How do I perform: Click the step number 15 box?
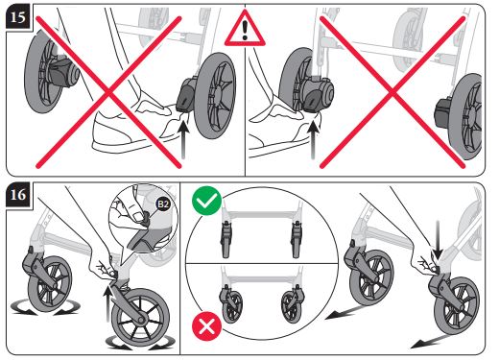17,17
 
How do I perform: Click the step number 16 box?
17,195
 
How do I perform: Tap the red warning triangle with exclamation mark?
245,29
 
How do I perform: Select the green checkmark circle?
207,201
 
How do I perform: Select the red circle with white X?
206,326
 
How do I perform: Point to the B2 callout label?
163,204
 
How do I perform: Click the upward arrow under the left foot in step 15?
183,139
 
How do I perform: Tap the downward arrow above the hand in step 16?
438,240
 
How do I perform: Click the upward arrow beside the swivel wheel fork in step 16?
108,303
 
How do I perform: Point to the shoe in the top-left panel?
134,127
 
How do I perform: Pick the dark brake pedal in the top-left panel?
186,95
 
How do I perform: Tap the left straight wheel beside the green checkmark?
226,239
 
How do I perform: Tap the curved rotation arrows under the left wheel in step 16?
45,308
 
